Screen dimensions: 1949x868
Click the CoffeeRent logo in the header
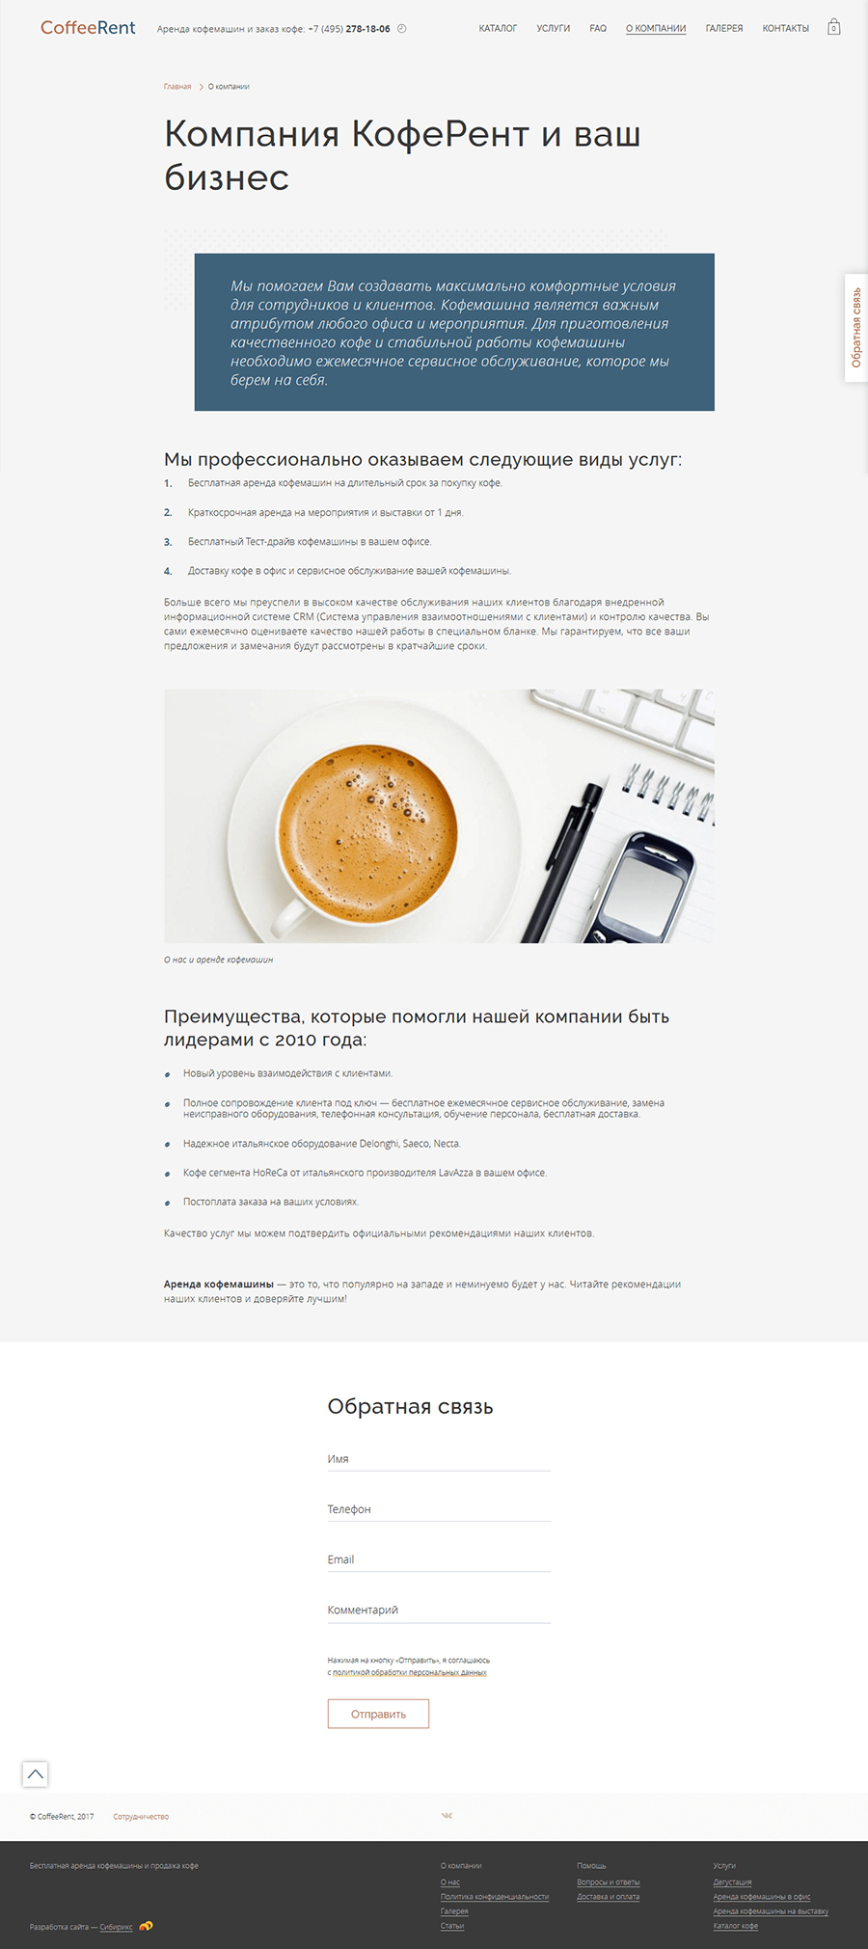pos(88,28)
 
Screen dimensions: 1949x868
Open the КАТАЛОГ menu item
pos(498,29)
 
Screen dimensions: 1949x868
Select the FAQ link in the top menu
pos(598,29)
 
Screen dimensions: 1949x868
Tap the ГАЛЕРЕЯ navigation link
pos(723,29)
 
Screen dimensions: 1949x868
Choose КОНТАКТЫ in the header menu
pos(785,29)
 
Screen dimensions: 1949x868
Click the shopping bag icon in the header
pos(834,28)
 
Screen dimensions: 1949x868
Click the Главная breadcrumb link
pos(177,87)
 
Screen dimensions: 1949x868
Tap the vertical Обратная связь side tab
pos(856,328)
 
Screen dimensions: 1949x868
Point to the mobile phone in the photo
pos(641,887)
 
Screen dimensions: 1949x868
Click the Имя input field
pos(439,1459)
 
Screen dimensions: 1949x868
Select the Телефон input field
pos(439,1509)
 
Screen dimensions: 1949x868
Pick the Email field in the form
pos(439,1559)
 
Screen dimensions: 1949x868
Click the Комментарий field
pos(439,1610)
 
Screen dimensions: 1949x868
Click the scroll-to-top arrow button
pos(36,1773)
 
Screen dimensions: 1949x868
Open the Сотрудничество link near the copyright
pos(141,1817)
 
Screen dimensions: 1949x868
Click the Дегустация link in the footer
pos(732,1882)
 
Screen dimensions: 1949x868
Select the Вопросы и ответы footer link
pos(608,1882)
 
